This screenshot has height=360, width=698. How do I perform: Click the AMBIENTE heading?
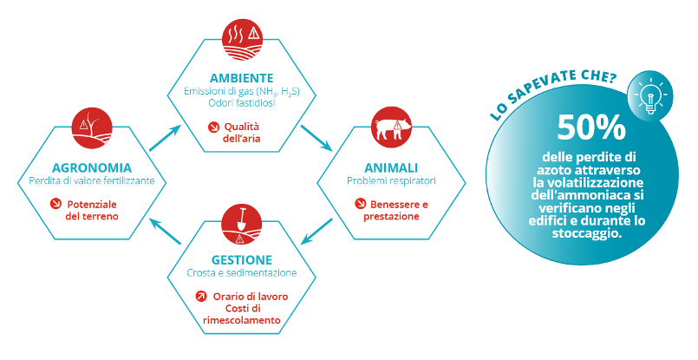[241, 78]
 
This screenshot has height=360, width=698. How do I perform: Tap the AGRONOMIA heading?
[92, 168]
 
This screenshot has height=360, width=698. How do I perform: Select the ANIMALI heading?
[391, 168]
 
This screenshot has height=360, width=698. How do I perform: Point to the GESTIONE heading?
[241, 259]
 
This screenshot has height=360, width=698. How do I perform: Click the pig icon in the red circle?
[391, 127]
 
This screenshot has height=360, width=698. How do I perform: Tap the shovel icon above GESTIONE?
[241, 225]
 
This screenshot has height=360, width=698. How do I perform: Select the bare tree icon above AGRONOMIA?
[92, 128]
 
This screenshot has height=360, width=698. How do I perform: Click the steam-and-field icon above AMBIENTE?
[242, 39]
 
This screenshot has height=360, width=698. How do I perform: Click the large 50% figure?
[590, 127]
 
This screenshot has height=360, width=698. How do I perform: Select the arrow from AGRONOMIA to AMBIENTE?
[165, 138]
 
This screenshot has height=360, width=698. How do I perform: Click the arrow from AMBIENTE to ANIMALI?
[316, 138]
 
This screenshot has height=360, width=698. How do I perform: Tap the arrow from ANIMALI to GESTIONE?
[316, 232]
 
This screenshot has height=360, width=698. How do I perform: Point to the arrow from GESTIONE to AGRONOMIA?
[165, 232]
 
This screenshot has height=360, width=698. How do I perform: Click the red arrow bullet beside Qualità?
[213, 127]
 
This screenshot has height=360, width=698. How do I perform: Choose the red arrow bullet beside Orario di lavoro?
[201, 297]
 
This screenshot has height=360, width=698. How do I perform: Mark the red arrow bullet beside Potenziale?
[55, 204]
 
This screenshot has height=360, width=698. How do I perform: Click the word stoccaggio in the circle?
[587, 233]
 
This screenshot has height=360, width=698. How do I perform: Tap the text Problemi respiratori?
[391, 181]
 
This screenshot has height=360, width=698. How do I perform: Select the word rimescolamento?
[241, 320]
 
